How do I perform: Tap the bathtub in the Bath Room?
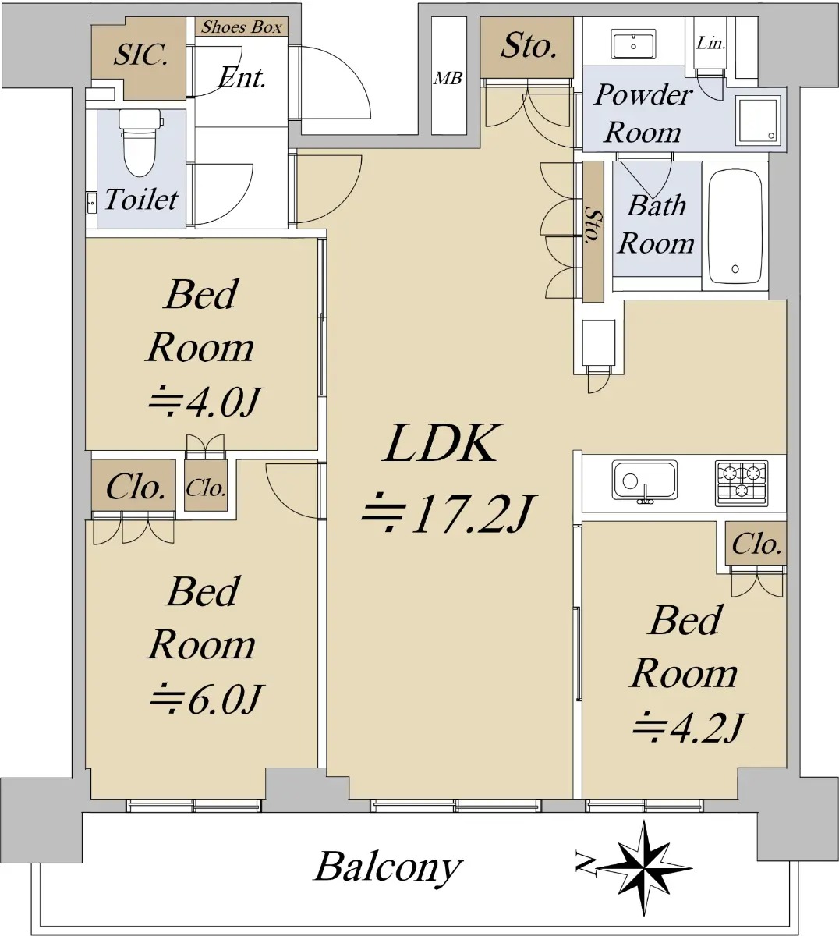pos(735,226)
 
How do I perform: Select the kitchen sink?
pos(645,482)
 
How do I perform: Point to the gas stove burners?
pos(742,483)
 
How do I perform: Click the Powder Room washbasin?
pos(633,44)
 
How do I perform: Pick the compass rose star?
pos(645,868)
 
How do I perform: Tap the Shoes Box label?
pos(241,27)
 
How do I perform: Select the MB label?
pos(448,79)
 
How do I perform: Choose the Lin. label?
pos(710,44)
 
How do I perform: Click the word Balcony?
pos(388,868)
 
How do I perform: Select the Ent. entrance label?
pos(242,78)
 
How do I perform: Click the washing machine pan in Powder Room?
pos(758,121)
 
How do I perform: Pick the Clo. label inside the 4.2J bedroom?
pos(756,544)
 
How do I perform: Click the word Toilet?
pos(141,200)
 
